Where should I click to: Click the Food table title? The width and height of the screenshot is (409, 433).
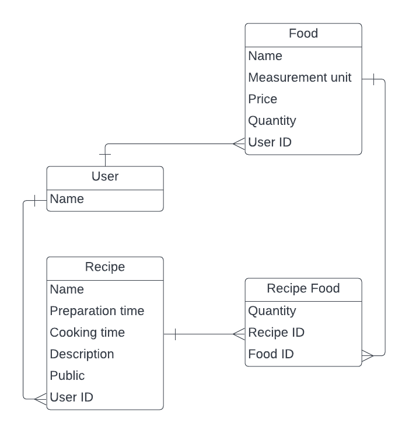pyautogui.click(x=303, y=34)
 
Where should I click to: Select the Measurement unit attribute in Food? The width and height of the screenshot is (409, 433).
pyautogui.click(x=300, y=78)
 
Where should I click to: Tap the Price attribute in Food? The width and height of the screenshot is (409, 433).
pyautogui.click(x=263, y=99)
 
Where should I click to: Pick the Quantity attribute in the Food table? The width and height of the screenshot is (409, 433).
pyautogui.click(x=272, y=121)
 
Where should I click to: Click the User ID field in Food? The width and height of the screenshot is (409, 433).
pyautogui.click(x=270, y=142)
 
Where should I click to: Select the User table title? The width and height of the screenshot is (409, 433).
pyautogui.click(x=105, y=177)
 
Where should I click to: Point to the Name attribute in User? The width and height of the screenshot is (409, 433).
pyautogui.click(x=67, y=199)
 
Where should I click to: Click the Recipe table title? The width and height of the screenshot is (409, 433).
pyautogui.click(x=105, y=267)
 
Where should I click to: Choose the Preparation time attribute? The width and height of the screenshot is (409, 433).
pyautogui.click(x=97, y=311)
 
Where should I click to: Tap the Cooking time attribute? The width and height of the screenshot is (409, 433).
pyautogui.click(x=88, y=333)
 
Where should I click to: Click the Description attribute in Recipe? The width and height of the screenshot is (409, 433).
pyautogui.click(x=82, y=354)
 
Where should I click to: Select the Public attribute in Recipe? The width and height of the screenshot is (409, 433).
pyautogui.click(x=67, y=376)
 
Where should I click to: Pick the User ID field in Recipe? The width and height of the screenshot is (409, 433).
pyautogui.click(x=71, y=397)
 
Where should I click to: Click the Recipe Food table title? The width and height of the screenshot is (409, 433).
pyautogui.click(x=303, y=288)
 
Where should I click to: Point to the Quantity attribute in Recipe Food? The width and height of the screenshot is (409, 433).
pyautogui.click(x=272, y=311)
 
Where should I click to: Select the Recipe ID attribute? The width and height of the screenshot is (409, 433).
pyautogui.click(x=277, y=333)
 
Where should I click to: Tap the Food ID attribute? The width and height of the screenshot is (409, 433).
pyautogui.click(x=271, y=354)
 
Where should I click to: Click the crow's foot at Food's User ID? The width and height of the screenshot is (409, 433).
pyautogui.click(x=239, y=142)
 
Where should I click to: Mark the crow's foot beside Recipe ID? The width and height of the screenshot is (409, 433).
pyautogui.click(x=239, y=334)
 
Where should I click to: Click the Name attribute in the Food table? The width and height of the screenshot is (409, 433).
pyautogui.click(x=265, y=56)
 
